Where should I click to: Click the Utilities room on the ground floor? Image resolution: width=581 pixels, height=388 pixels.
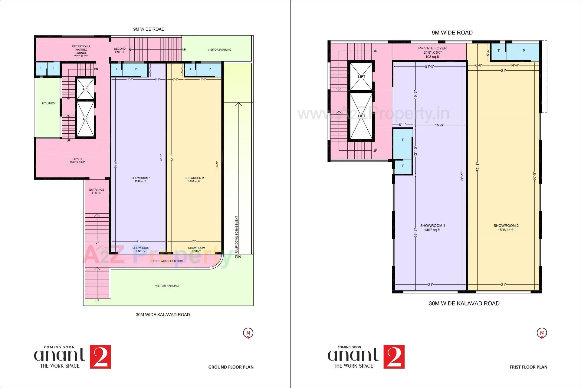coord(48,103)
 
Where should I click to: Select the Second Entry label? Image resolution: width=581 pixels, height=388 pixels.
coord(120,50)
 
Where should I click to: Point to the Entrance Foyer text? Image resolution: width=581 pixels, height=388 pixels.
coord(97,191)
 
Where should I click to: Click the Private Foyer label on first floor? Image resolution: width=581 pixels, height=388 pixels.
coord(432,48)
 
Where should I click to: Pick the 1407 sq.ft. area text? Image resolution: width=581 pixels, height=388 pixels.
coord(432,230)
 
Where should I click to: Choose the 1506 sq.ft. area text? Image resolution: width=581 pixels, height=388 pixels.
coord(506,230)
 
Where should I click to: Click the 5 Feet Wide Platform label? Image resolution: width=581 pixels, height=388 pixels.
coord(167,261)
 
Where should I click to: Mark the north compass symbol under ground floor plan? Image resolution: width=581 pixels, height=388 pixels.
coord(248,333)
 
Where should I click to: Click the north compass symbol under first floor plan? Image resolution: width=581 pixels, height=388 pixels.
coord(542,333)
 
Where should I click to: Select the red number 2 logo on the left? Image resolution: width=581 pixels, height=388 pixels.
coord(100,357)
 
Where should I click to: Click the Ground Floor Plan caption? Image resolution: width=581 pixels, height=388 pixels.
coord(231,367)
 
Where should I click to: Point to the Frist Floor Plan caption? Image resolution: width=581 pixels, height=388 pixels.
coord(528,367)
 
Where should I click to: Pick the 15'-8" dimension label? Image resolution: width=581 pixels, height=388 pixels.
coord(439,125)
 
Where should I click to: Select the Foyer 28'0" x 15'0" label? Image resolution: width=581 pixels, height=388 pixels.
coord(77,161)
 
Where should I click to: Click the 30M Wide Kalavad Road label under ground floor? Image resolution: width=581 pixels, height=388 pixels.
coord(163,315)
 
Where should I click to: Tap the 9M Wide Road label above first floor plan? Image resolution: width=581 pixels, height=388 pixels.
coord(452,33)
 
